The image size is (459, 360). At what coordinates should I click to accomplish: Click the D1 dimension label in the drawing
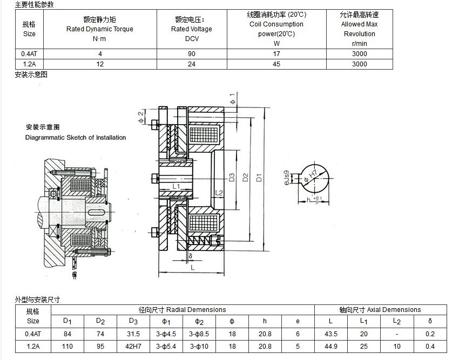click(259, 178)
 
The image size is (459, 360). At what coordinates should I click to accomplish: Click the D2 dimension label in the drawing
click(245, 178)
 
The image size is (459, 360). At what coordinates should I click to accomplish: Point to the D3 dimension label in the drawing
click(232, 178)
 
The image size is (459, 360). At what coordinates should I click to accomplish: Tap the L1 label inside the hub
click(176, 186)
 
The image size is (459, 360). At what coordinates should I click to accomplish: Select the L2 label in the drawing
click(219, 193)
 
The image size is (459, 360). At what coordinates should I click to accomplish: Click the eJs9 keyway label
click(287, 178)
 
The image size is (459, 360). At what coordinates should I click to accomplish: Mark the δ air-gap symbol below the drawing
click(190, 256)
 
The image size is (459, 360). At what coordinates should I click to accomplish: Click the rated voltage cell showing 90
click(192, 54)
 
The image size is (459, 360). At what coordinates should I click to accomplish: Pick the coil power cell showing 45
click(276, 64)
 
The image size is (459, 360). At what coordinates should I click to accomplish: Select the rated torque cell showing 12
click(100, 64)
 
